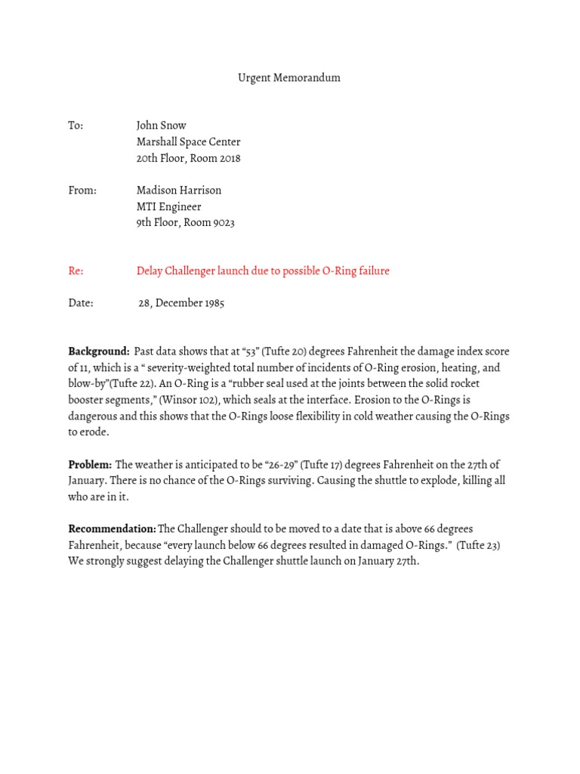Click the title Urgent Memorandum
pos(289,78)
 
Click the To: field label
pos(76,125)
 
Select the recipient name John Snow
pos(161,125)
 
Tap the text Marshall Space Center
pos(188,142)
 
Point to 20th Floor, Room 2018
pos(188,159)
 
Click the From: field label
pos(82,190)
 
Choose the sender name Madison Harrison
pos(179,190)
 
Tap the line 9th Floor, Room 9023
pos(185,223)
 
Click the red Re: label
pos(76,271)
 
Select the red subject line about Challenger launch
pos(263,271)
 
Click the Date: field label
pos(81,303)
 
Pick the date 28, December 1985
pos(181,303)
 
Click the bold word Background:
pos(99,351)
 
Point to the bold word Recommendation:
pos(112,529)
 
